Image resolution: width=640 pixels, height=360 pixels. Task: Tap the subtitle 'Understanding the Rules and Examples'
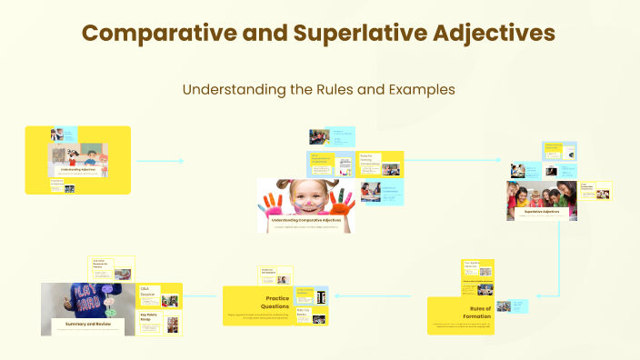pyautogui.click(x=319, y=90)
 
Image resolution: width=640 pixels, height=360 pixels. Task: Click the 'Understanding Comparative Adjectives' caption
pyautogui.click(x=306, y=220)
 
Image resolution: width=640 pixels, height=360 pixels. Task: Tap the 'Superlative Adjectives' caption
pyautogui.click(x=545, y=211)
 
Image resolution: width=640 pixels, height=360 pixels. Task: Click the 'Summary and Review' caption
pyautogui.click(x=87, y=323)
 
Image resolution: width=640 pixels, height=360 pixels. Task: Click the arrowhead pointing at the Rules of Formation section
pyautogui.click(x=503, y=297)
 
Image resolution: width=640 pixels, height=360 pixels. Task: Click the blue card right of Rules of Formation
pyautogui.click(x=511, y=306)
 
